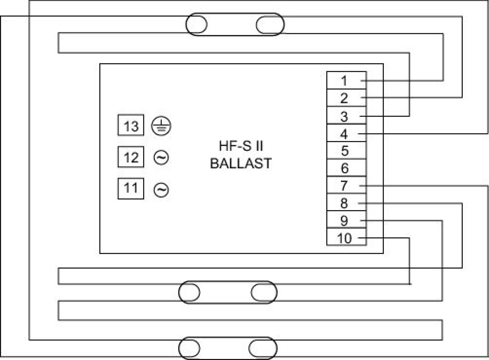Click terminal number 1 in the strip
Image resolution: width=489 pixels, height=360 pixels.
345,81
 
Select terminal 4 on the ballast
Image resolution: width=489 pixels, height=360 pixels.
345,134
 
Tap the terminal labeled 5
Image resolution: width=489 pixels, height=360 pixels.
345,151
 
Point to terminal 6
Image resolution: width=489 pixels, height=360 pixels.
345,168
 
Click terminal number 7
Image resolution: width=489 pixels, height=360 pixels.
345,186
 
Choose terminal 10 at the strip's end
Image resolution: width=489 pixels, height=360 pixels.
345,238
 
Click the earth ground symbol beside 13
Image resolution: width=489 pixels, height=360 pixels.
161,127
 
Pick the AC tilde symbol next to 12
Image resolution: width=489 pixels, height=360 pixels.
161,158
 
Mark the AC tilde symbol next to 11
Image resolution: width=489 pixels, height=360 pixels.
161,189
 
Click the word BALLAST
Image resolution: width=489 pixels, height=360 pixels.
240,163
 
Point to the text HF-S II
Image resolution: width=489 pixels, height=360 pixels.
240,146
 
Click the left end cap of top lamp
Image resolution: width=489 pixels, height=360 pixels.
196,25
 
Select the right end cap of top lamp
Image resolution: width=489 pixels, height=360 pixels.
270,25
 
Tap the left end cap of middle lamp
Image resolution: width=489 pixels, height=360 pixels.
189,292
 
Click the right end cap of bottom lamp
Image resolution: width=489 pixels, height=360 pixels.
263,348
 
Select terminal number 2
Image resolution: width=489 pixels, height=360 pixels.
345,98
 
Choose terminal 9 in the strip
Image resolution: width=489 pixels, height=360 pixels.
345,221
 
